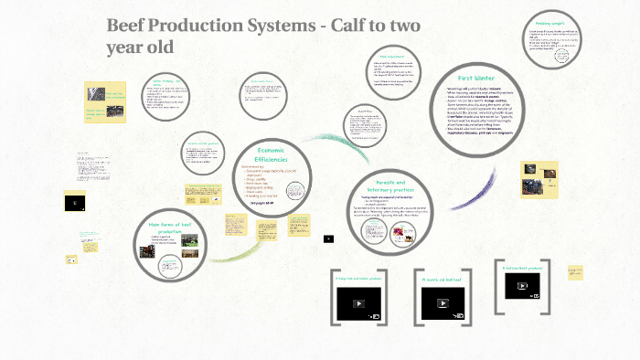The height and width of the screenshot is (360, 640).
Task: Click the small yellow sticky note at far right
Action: pyautogui.click(x=575, y=273)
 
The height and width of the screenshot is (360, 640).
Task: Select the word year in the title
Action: pyautogui.click(x=130, y=46)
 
